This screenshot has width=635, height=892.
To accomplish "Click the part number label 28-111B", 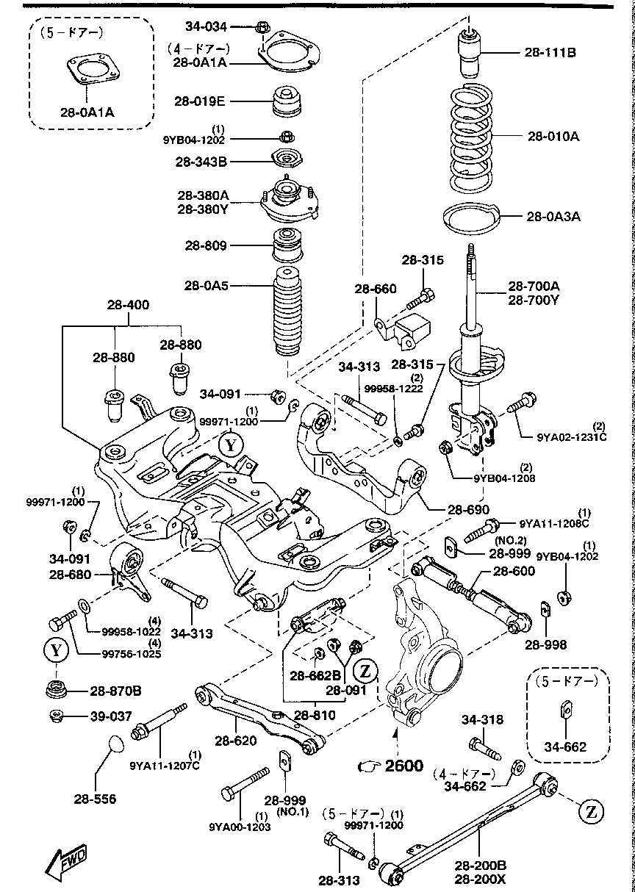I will click(550, 52).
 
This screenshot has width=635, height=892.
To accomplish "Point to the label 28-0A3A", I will click(553, 216).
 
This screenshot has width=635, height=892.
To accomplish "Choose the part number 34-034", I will click(207, 26).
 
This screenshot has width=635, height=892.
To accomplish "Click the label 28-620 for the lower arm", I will click(235, 740).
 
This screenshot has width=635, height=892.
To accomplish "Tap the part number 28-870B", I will click(116, 691).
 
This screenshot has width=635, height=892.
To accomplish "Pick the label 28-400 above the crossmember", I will click(127, 302).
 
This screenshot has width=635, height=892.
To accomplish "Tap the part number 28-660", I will click(376, 289).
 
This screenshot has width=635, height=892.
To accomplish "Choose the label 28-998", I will click(546, 645).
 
